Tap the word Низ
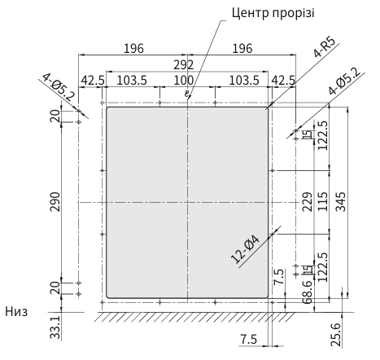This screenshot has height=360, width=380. click(18, 311)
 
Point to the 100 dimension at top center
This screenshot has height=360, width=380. click(186, 80)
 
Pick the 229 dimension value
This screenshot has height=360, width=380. click(307, 201)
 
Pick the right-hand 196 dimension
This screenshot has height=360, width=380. click(242, 48)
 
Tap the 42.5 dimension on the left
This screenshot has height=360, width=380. click(92, 80)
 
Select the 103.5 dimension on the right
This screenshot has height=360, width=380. click(241, 80)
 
